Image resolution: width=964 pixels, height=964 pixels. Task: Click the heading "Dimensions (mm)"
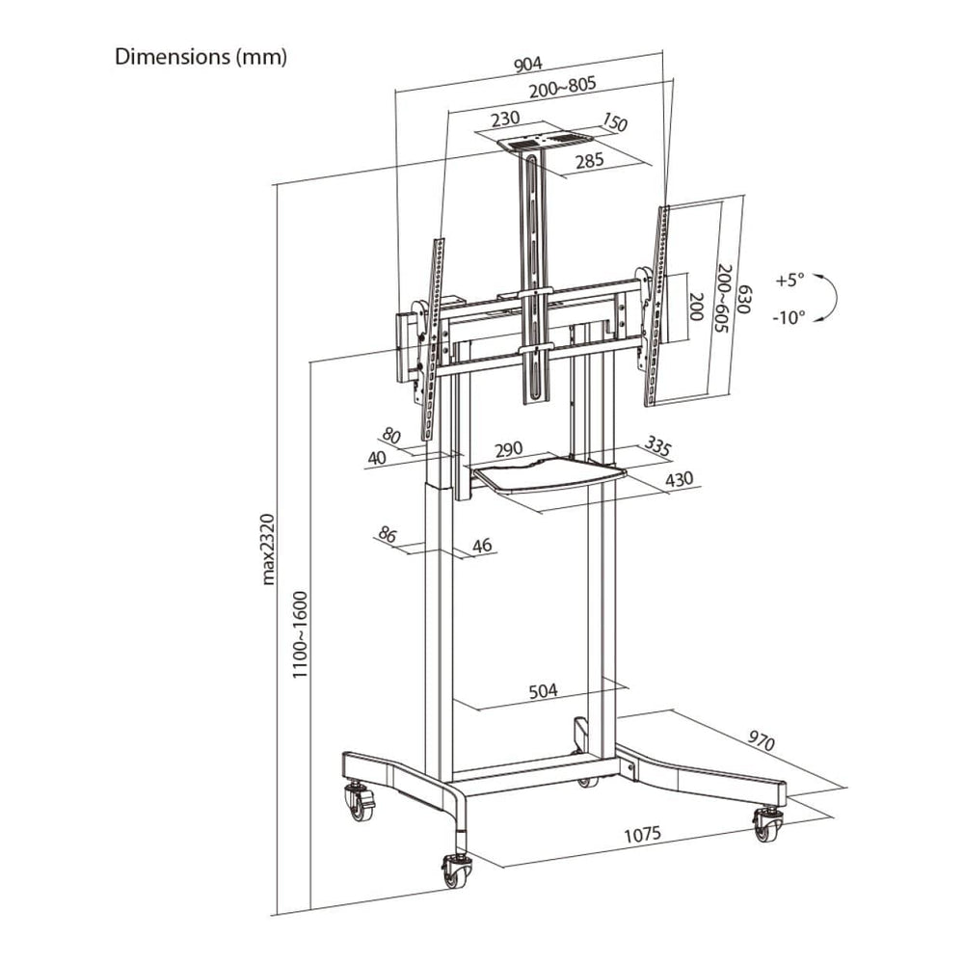point(201,57)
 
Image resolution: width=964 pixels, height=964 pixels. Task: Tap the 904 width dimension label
point(528,64)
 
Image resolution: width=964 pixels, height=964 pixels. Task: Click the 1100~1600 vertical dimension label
point(300,634)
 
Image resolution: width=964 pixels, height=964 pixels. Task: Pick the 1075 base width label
point(643,835)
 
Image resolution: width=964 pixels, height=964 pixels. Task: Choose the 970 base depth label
point(761,739)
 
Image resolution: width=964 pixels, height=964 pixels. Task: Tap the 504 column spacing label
point(544,690)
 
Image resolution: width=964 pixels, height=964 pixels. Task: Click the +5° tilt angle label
point(790,280)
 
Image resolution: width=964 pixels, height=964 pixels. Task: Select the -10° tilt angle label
point(789,318)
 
